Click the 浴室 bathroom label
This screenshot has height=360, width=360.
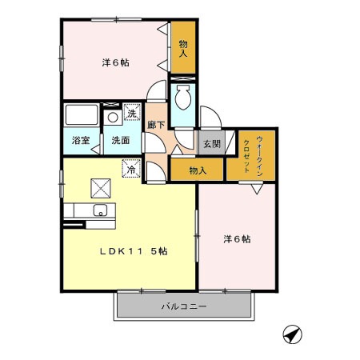(x=79, y=141)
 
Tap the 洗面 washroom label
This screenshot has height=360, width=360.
(x=121, y=141)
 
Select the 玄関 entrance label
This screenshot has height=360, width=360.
(x=211, y=144)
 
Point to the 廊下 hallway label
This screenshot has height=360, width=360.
(x=156, y=125)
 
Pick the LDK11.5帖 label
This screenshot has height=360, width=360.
(x=133, y=250)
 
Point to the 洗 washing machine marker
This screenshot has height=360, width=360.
(x=132, y=114)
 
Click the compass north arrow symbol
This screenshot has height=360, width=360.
(x=292, y=335)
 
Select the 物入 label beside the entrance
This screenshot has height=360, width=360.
(x=198, y=170)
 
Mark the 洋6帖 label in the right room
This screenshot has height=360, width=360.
(x=237, y=238)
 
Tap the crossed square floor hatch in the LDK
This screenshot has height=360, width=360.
(x=102, y=188)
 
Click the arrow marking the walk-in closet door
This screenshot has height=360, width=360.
(x=255, y=190)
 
